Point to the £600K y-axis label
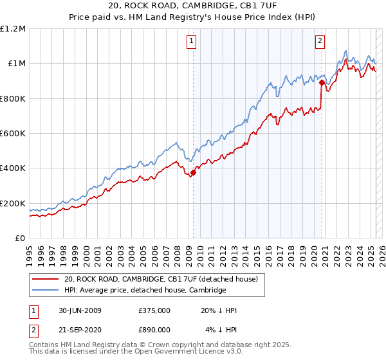[13, 134]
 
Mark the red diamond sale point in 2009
[193, 172]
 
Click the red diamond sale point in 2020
[321, 82]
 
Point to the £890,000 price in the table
[154, 330]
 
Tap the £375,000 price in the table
[154, 310]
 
